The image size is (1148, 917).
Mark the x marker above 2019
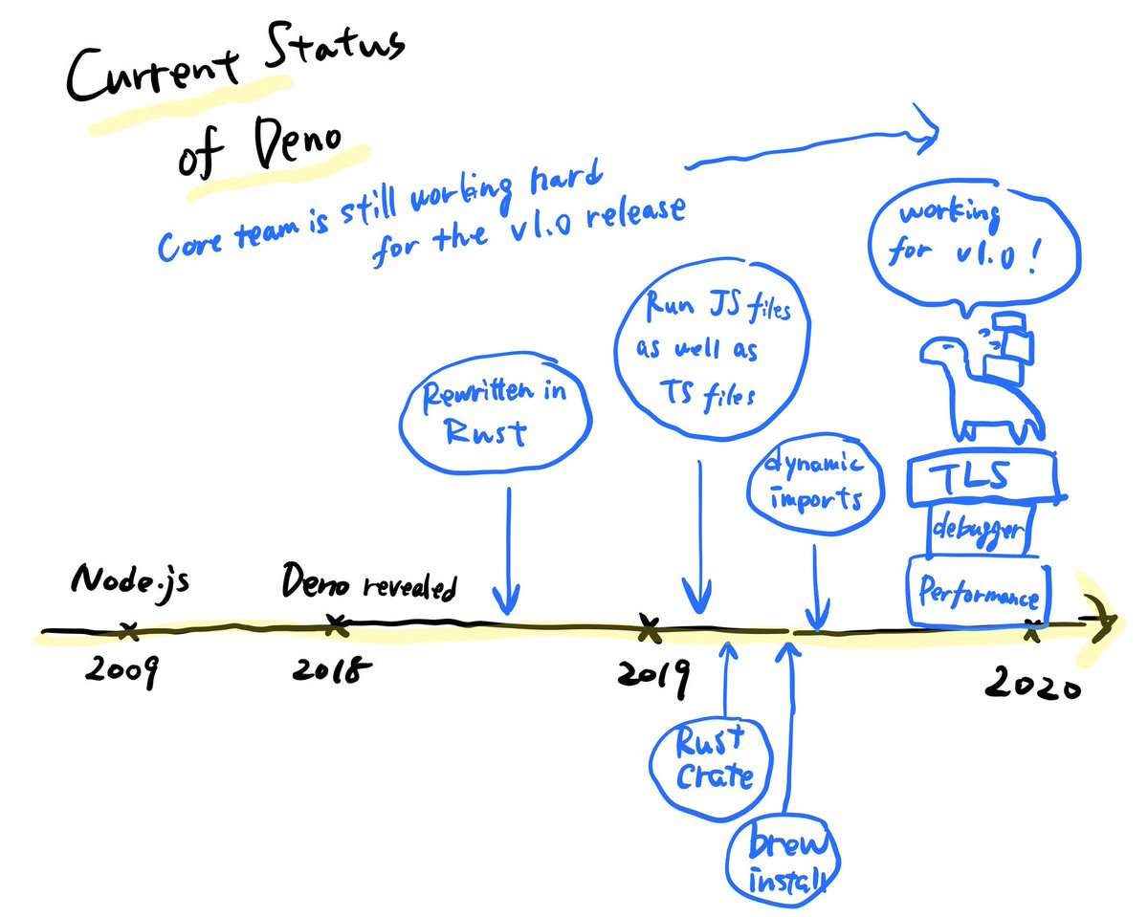650,629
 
